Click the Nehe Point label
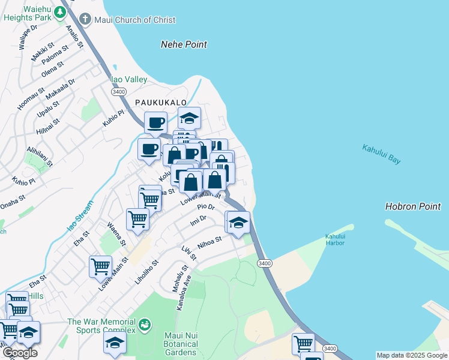(184, 44)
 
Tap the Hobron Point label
(413, 206)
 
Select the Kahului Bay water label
(381, 154)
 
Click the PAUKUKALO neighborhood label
(160, 103)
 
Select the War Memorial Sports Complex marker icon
(144, 326)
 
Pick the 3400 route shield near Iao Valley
(118, 91)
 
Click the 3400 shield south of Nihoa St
(264, 263)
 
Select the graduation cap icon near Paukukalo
(189, 118)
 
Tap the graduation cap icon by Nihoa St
(238, 223)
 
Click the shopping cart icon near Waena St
(138, 220)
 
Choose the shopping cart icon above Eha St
(100, 266)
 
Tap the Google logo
(20, 353)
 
